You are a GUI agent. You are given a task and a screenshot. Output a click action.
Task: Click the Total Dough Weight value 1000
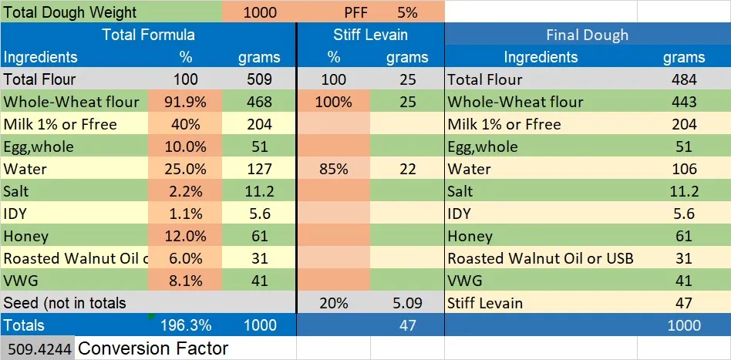pos(260,12)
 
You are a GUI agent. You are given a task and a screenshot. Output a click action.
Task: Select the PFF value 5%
pos(407,12)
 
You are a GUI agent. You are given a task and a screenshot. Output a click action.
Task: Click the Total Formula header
pos(148,35)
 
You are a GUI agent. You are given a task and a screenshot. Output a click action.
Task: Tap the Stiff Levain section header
pos(370,35)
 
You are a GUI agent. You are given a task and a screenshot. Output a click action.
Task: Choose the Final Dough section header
pos(587,35)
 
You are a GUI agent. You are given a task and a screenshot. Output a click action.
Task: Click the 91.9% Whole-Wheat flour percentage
pos(185,102)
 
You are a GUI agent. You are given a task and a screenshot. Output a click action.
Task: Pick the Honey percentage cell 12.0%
pos(185,236)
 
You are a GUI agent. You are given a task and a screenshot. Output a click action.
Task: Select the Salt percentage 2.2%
pos(185,191)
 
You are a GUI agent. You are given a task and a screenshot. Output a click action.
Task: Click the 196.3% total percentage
pos(185,325)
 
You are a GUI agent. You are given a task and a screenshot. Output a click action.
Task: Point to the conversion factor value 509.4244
pos(38,349)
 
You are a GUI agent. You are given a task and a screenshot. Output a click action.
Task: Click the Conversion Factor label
pos(153,348)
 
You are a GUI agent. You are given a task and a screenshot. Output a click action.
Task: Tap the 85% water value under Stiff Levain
pos(333,169)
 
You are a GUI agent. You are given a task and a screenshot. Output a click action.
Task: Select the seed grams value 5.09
pos(407,303)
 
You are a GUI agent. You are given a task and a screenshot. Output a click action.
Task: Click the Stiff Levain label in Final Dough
pos(485,303)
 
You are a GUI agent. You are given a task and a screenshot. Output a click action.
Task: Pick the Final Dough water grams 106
pos(684,169)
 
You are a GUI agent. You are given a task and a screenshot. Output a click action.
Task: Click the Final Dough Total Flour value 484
pos(684,79)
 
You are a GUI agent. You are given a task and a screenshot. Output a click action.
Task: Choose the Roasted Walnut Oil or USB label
pos(541,258)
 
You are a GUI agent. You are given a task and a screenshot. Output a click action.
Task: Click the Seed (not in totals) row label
pos(65,303)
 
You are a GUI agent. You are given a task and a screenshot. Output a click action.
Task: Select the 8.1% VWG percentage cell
pos(185,281)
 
